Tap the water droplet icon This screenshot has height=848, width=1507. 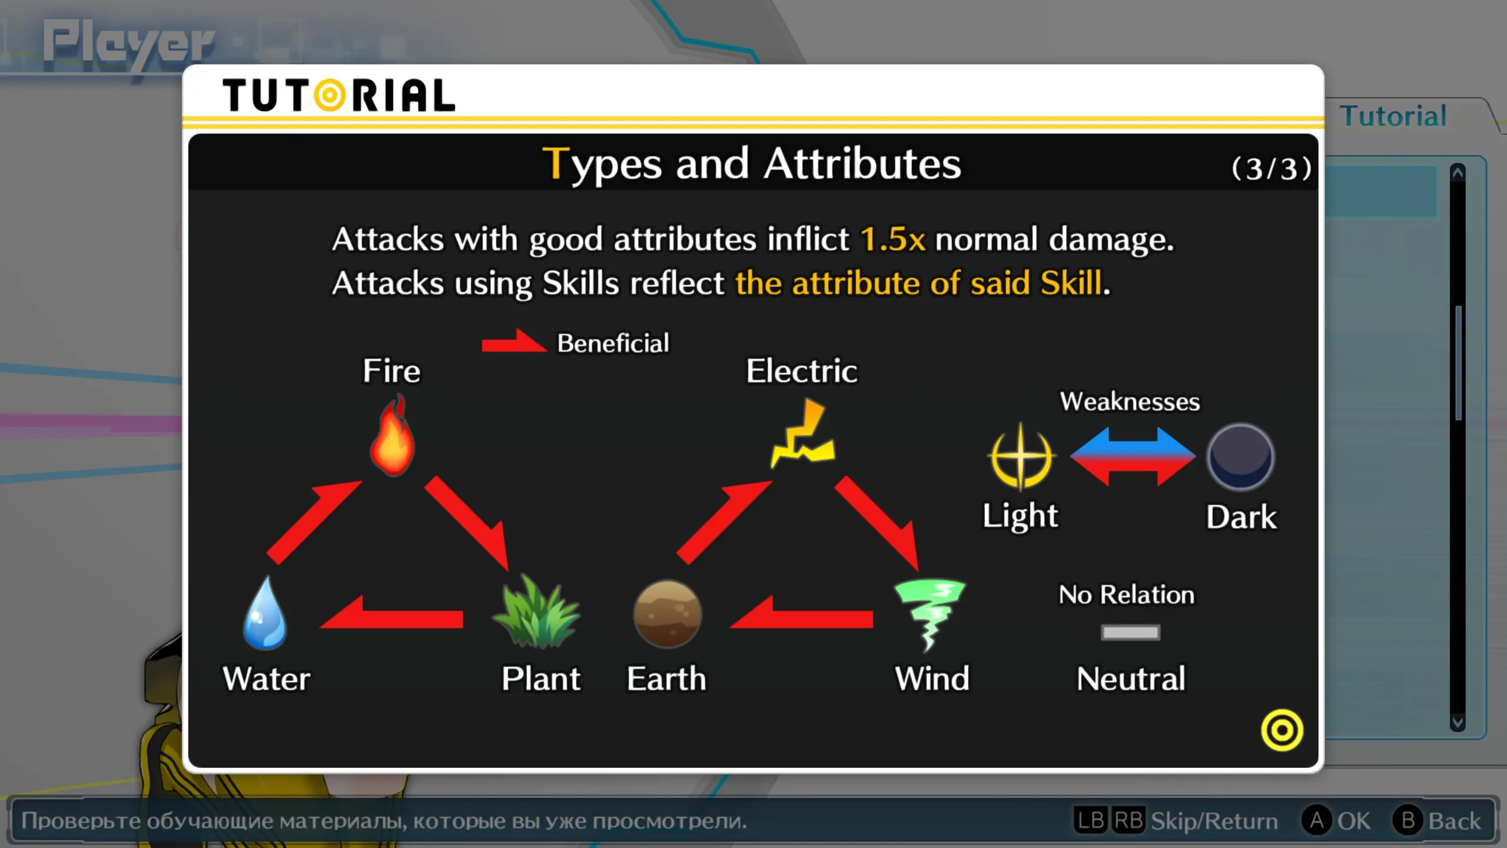click(x=265, y=613)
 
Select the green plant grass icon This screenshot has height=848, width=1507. click(x=537, y=612)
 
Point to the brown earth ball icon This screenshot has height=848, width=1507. click(x=667, y=614)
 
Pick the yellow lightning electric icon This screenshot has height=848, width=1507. click(x=803, y=433)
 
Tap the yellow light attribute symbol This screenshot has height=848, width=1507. click(x=1021, y=457)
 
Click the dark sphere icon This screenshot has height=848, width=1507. click(x=1240, y=457)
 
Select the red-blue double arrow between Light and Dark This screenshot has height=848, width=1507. click(x=1133, y=457)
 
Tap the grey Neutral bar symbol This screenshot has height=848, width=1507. click(x=1130, y=632)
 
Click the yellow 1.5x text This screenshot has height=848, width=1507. click(x=892, y=239)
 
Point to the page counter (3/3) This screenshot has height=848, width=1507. click(x=1272, y=169)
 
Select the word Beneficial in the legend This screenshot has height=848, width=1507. click(x=613, y=343)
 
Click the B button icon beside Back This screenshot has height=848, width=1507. click(x=1408, y=820)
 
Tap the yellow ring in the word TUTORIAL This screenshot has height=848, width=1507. click(x=330, y=95)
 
